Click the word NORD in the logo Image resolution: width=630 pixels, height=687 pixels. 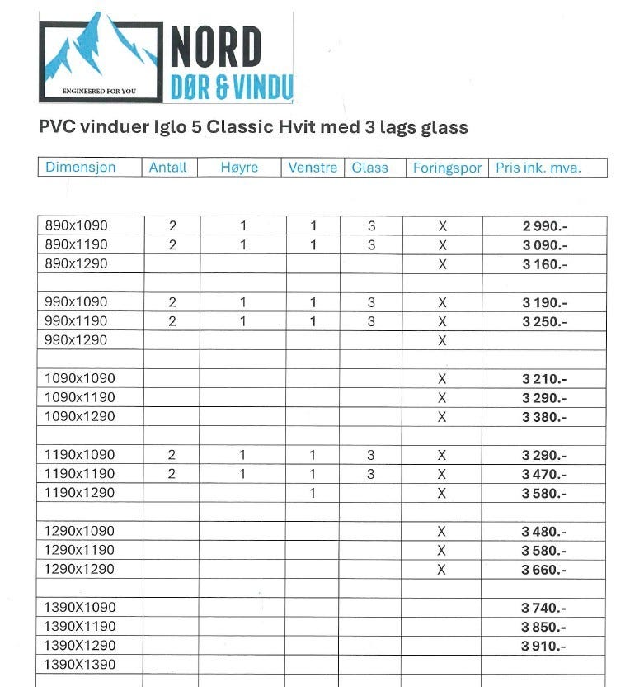click(216, 47)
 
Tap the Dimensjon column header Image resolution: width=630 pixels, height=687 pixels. click(81, 168)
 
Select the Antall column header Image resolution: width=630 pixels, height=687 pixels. click(168, 168)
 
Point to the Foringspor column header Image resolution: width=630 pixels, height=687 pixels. click(447, 168)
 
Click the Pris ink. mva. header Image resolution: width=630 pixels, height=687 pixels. click(538, 168)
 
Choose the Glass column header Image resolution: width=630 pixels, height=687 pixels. click(369, 168)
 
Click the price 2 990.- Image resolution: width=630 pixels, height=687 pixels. click(544, 226)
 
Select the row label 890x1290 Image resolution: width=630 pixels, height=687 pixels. click(77, 263)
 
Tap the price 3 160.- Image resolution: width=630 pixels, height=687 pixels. click(544, 264)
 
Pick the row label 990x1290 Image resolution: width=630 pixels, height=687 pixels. click(77, 339)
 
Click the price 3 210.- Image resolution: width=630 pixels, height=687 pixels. click(544, 379)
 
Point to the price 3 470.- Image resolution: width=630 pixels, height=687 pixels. click(544, 474)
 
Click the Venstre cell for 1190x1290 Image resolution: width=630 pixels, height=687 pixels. click(313, 493)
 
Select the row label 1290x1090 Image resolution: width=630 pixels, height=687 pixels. click(80, 531)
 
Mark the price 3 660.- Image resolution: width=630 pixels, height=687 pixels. click(544, 570)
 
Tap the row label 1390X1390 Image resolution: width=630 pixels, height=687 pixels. click(80, 664)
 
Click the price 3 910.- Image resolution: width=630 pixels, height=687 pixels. click(544, 646)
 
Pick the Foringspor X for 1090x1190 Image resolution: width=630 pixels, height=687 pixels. click(442, 397)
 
